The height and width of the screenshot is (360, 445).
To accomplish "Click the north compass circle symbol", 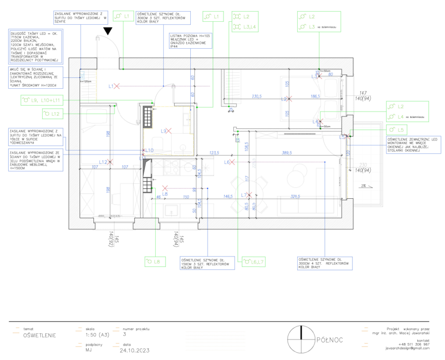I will click(301, 339).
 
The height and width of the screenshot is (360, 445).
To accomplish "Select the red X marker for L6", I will click(232, 162).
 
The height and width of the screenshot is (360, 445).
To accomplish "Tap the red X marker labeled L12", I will click(111, 162).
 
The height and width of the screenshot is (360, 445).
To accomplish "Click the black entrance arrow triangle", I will click(108, 30).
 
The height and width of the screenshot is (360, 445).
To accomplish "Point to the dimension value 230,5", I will click(255, 97).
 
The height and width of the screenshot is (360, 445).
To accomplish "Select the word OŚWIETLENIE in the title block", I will click(40, 336).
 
